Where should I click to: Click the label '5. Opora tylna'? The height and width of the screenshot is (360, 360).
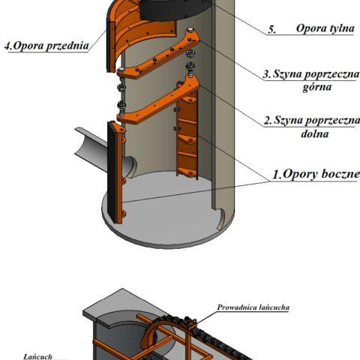click(x=311, y=28)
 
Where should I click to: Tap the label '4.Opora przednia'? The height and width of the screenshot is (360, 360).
click(x=46, y=46)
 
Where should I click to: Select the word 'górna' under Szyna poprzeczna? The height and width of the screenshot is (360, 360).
click(x=317, y=87)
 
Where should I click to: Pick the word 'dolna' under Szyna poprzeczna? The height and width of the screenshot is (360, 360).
click(x=315, y=133)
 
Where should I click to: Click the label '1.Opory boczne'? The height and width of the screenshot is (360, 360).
click(x=316, y=174)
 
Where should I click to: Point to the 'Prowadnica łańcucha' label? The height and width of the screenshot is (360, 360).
click(x=253, y=307)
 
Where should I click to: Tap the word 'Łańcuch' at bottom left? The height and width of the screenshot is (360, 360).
click(x=37, y=356)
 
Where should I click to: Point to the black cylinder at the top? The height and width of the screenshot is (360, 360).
click(x=175, y=10)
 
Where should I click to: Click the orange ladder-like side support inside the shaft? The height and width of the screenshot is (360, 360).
click(x=187, y=130)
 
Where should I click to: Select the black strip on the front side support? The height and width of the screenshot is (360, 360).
click(x=111, y=172)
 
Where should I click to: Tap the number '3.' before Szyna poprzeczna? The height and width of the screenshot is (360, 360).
click(x=267, y=74)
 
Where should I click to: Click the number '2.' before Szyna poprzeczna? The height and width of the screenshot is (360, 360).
click(x=268, y=121)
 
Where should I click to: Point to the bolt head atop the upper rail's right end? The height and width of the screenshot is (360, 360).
click(x=190, y=30)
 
